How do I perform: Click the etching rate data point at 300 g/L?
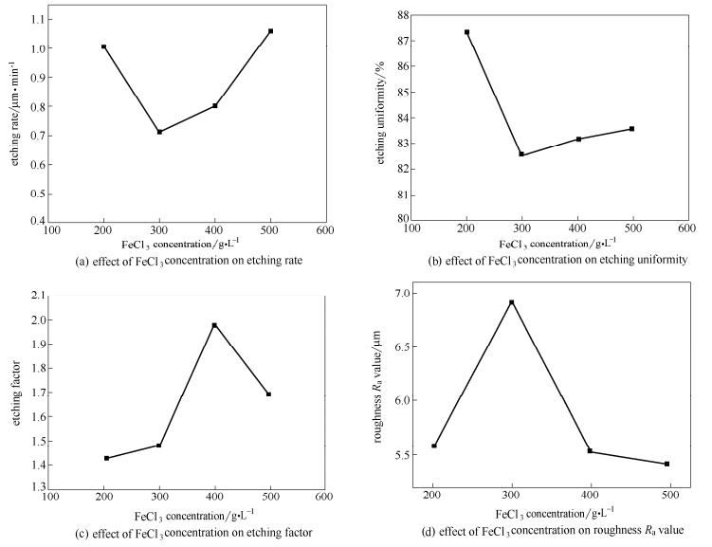point(159,132)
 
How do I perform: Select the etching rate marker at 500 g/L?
point(270,31)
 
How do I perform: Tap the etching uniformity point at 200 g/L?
point(466,32)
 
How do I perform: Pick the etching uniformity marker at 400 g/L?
point(578,139)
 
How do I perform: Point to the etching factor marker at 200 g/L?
point(106,458)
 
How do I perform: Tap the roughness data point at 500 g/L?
point(667,464)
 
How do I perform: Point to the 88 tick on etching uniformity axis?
point(402,15)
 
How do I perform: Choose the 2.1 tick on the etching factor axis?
point(37,296)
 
